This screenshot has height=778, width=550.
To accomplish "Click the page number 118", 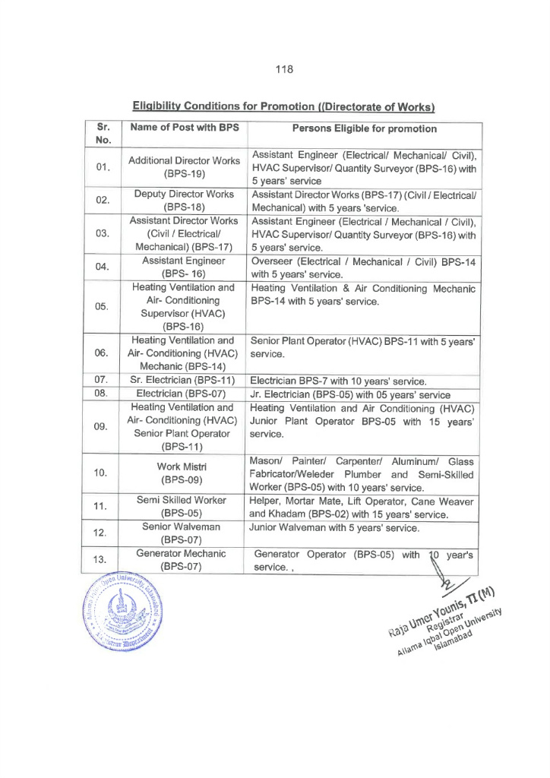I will pyautogui.click(x=285, y=69).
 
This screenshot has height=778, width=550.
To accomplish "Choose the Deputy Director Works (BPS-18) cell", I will pyautogui.click(x=184, y=201).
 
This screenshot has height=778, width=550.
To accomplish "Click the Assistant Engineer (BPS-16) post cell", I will pyautogui.click(x=184, y=267).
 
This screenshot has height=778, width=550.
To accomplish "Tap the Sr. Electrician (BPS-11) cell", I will pyautogui.click(x=185, y=380).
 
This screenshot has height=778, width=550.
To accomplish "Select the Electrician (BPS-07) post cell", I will pyautogui.click(x=185, y=394).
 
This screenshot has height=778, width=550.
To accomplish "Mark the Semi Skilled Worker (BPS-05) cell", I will pyautogui.click(x=184, y=507).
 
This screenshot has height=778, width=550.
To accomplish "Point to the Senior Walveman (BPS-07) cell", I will pyautogui.click(x=184, y=533).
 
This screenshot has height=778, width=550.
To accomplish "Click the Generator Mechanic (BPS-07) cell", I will pyautogui.click(x=184, y=560).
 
